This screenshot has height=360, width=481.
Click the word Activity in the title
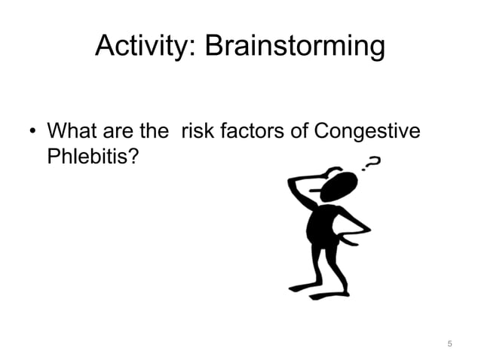tap(143, 47)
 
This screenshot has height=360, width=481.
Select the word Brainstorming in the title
tap(295, 47)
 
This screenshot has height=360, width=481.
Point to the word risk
tap(197, 132)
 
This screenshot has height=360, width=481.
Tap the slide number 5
tap(449, 344)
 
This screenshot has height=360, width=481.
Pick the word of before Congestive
tap(298, 132)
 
